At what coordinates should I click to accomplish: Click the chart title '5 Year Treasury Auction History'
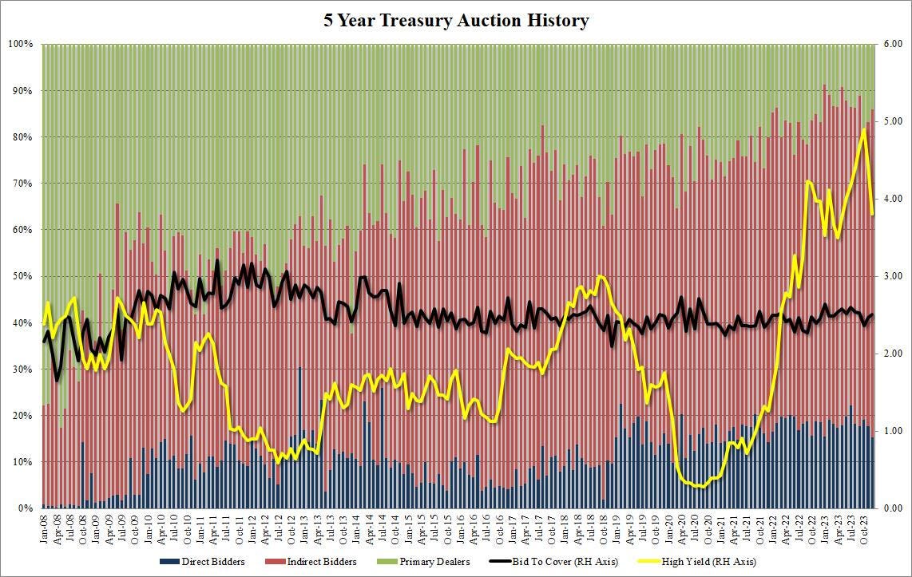456,21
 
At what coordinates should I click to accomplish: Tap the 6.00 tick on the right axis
892,44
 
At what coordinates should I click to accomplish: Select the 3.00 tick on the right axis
892,276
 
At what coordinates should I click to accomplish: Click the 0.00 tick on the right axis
892,508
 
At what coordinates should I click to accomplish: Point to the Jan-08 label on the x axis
44,528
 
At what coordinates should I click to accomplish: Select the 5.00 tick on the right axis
892,121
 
